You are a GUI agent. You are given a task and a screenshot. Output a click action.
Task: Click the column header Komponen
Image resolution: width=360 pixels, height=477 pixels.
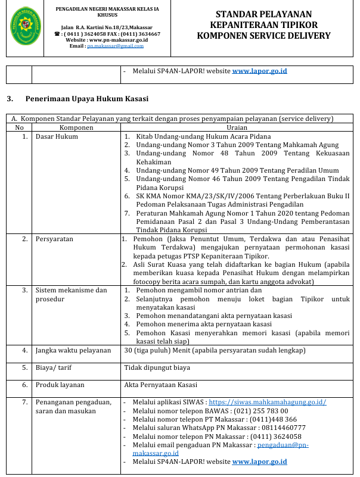pyautogui.click(x=76, y=127)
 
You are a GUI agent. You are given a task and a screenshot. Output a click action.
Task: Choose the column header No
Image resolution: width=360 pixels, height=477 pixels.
pyautogui.click(x=20, y=127)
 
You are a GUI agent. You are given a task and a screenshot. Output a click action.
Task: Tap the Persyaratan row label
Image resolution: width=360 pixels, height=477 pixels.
pyautogui.click(x=54, y=239)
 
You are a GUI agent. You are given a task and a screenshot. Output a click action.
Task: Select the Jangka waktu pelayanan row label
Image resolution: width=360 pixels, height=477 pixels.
pyautogui.click(x=73, y=350)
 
